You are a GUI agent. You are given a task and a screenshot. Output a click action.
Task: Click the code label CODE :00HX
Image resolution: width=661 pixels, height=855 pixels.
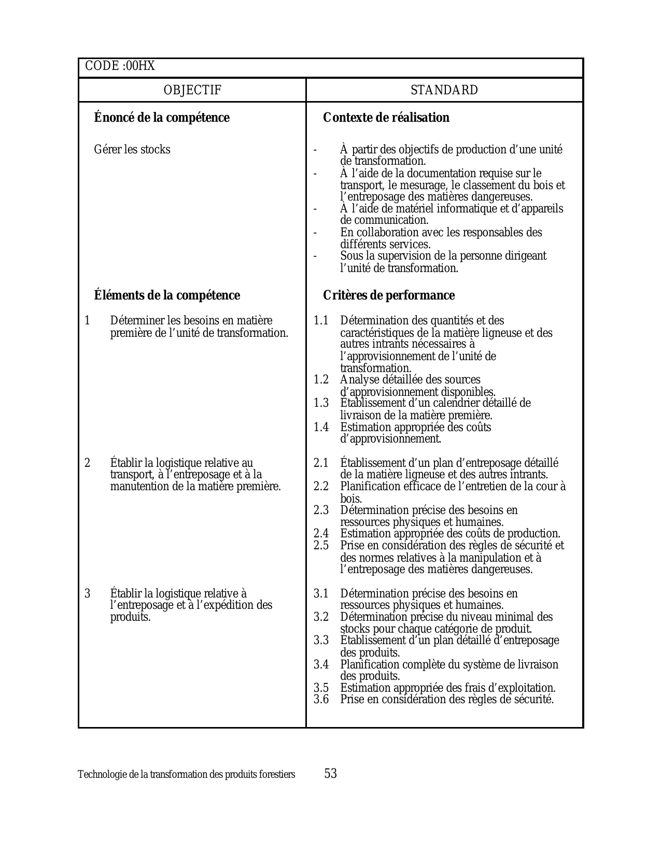(120, 66)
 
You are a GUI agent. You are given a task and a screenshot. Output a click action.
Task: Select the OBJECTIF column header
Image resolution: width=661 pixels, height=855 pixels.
(192, 90)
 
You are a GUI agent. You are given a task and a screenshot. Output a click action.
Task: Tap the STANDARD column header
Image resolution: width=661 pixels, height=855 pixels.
(444, 90)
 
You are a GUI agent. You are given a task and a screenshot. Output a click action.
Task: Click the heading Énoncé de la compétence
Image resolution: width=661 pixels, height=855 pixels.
(162, 118)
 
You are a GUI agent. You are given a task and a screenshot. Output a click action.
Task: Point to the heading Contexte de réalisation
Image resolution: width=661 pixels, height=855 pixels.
(386, 118)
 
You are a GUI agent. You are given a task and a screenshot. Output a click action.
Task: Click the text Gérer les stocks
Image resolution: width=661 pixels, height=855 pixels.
(132, 150)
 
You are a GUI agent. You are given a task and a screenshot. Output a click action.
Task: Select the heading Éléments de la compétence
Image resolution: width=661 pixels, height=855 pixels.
(167, 295)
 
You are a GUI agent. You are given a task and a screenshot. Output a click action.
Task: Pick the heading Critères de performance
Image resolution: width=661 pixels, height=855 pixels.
(389, 295)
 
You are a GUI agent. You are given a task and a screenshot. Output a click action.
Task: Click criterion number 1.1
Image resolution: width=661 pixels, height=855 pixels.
(321, 321)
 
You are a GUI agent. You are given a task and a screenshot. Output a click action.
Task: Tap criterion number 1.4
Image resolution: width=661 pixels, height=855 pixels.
(321, 427)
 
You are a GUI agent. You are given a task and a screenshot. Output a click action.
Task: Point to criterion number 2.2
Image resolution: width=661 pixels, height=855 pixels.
(321, 487)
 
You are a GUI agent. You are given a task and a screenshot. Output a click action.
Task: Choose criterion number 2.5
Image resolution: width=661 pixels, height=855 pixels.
(321, 546)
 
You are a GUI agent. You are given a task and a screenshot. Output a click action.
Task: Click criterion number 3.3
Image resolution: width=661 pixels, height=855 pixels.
(321, 640)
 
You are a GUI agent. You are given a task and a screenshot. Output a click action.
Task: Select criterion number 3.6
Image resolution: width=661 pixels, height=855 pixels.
(321, 700)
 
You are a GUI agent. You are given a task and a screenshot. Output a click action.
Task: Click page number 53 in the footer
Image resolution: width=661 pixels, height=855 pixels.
(331, 774)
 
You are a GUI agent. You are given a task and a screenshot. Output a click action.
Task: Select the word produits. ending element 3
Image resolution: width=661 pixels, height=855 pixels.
(130, 617)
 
